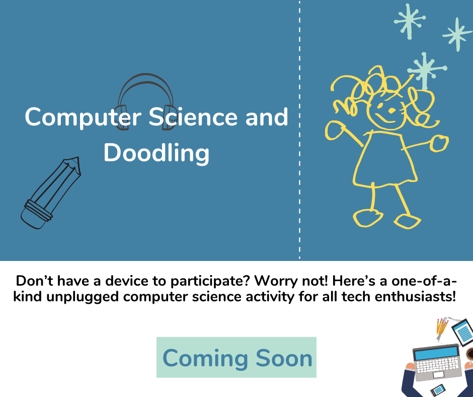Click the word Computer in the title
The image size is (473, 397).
click(81, 117)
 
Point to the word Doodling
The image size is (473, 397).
click(156, 153)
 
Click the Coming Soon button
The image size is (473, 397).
click(236, 358)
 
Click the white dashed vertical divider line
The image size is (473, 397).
click(300, 131)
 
